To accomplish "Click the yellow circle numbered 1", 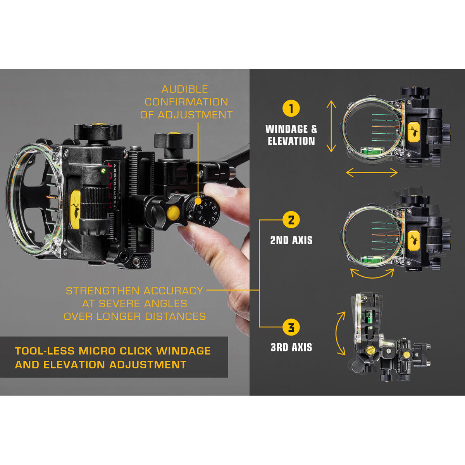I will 291,108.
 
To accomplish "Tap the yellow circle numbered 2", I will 291,220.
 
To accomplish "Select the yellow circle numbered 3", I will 291,327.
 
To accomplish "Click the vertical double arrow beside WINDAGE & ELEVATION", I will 331,126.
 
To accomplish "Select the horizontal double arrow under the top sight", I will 372,172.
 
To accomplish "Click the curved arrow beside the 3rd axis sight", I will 341,333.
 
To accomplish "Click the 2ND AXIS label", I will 291,240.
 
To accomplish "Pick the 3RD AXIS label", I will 291,347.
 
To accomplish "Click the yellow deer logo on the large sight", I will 76,209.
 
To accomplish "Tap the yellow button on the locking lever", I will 174,212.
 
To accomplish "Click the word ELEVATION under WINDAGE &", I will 291,141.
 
